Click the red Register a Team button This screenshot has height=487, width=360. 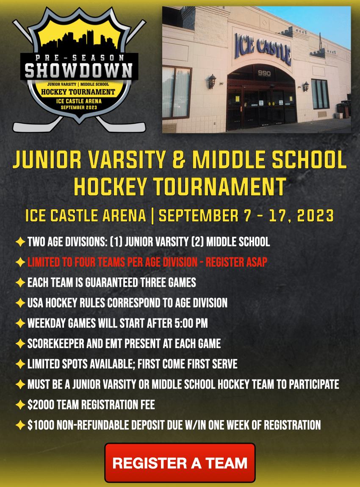[x=180, y=463]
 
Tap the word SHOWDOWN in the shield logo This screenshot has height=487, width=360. [x=79, y=70]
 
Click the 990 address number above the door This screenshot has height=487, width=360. [x=264, y=73]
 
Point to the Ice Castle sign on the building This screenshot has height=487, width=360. [x=263, y=49]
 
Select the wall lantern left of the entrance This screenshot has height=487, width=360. [x=212, y=81]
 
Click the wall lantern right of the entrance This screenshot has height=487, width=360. [x=306, y=86]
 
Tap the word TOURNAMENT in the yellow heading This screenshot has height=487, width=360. [x=220, y=187]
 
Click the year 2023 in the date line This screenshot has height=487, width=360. [x=315, y=216]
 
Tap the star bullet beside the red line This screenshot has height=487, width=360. [x=20, y=262]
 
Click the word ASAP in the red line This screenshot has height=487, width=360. [x=257, y=262]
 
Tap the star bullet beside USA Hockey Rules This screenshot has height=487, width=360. [x=20, y=303]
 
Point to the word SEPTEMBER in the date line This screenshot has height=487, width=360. [x=199, y=216]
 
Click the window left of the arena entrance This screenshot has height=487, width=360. [x=176, y=92]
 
